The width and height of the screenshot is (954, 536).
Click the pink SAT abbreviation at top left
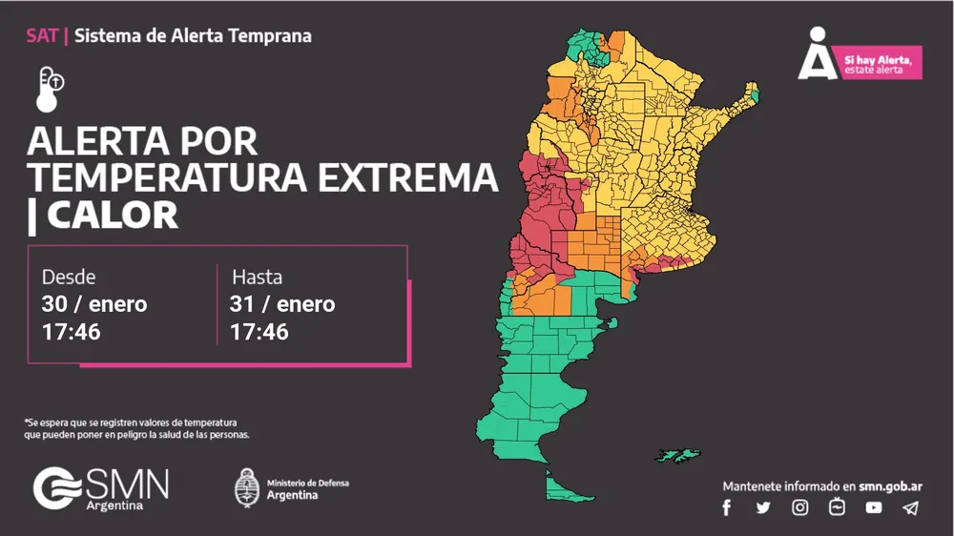point(42,36)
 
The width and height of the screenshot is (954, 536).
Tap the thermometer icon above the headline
point(50,87)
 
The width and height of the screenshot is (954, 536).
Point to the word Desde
point(69,277)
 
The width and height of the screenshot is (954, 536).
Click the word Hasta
point(257,277)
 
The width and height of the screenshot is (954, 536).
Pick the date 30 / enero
point(94,304)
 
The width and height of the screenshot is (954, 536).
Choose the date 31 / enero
point(282,304)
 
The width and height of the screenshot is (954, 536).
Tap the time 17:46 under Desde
point(72,332)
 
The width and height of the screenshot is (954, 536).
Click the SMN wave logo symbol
point(57,487)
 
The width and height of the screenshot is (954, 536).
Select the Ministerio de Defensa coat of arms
point(247,487)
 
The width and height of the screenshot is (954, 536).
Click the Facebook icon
point(727,507)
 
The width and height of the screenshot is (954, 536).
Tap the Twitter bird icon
point(763,507)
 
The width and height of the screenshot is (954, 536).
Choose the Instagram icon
point(800,507)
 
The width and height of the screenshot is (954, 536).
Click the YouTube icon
point(874,507)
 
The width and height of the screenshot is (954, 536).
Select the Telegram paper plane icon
point(911,507)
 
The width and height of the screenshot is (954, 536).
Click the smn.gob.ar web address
point(890,485)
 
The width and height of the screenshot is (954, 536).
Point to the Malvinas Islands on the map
point(678,455)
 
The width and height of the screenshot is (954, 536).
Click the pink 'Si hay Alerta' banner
point(881,63)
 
